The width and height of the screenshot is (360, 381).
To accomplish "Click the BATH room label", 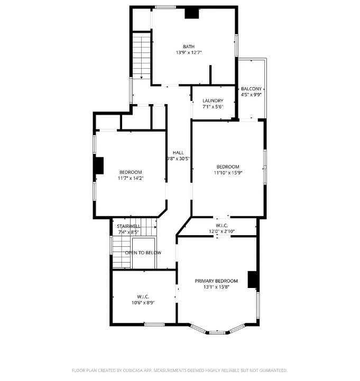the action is coord(189,47).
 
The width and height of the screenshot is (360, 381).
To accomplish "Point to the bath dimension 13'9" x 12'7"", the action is coord(189,52).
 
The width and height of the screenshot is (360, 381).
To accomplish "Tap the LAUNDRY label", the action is coord(213,100).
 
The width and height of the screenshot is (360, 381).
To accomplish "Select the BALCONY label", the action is coord(251,89).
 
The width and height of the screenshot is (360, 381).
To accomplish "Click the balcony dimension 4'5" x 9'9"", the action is coord(251,95).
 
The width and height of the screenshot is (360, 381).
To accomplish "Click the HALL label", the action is coord(178,153).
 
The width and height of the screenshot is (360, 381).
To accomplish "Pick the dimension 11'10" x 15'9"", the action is coord(228,173).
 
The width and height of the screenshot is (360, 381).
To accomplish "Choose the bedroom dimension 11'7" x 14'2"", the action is coord(131,178).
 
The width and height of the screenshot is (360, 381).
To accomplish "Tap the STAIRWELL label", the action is coord(128,226).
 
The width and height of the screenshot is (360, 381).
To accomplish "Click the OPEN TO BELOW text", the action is coord(143,253).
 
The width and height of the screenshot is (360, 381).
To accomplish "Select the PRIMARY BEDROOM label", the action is coord(216,281).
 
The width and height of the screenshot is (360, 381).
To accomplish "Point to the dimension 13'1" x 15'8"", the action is coord(216,287).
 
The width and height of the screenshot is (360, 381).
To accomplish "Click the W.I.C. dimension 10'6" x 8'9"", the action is coord(143,303).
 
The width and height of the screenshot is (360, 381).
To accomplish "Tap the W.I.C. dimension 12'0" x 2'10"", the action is coord(221,231).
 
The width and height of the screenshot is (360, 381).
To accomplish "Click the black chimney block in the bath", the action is coord(192,13).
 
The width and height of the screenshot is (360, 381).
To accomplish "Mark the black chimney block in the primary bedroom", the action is coord(253,280).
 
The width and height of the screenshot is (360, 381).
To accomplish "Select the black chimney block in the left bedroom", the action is coord(99,165).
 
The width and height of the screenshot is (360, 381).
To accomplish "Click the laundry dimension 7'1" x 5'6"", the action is coord(213,107).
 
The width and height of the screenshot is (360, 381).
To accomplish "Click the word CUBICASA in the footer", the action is coord(133,370).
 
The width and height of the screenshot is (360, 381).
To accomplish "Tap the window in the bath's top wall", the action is coord(165,7).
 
